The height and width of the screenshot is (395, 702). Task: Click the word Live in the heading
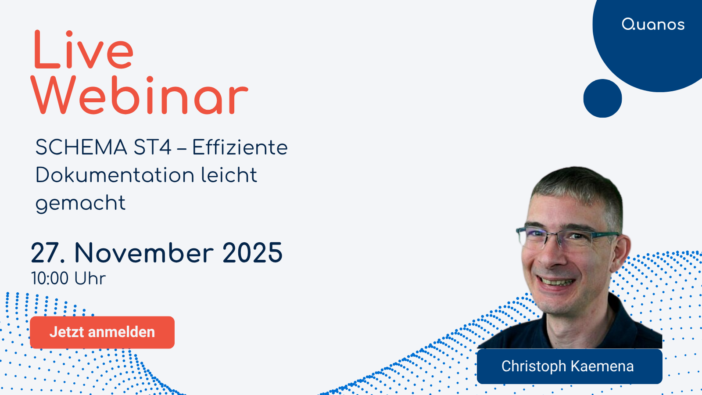(x=83, y=50)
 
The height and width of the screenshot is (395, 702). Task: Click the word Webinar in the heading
(x=139, y=96)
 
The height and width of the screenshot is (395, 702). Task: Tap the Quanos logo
(x=653, y=25)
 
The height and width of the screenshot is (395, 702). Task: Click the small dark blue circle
(x=602, y=98)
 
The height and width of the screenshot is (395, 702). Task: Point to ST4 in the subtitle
(x=152, y=147)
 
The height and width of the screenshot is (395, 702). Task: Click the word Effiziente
(x=240, y=147)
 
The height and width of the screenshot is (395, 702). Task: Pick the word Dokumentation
(x=115, y=175)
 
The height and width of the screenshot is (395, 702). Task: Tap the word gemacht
(x=80, y=203)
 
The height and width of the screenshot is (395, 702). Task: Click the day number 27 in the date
(x=45, y=253)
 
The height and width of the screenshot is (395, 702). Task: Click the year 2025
(x=252, y=253)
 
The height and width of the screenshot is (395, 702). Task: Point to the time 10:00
(x=50, y=279)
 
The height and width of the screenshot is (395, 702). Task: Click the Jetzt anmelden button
(x=102, y=332)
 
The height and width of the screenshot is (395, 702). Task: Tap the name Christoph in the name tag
(x=534, y=366)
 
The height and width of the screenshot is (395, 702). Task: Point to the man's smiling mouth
(x=557, y=281)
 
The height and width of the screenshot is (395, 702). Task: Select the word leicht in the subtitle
(x=229, y=175)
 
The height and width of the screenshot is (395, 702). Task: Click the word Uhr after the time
(x=90, y=279)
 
